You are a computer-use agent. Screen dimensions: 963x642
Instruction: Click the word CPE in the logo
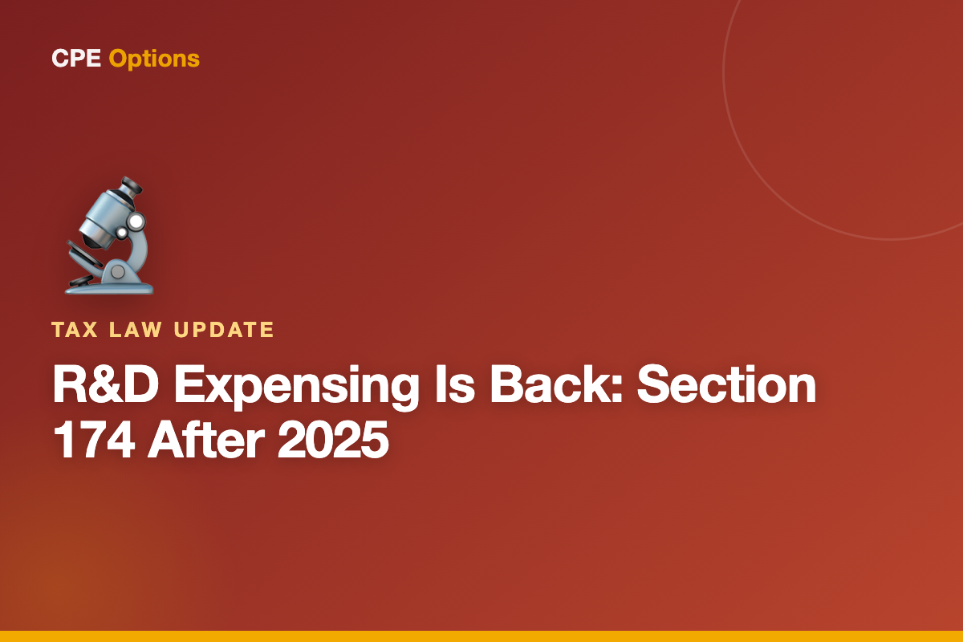pos(76,58)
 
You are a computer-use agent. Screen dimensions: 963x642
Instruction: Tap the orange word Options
pos(154,59)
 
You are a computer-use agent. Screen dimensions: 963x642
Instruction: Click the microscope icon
pos(109,236)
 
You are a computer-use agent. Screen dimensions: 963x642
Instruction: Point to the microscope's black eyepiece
pos(132,186)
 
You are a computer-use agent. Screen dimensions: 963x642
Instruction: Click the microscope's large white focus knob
pos(136,221)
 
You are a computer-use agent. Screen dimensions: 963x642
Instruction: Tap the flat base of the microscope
pos(109,288)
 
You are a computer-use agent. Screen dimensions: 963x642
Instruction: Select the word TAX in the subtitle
pos(75,330)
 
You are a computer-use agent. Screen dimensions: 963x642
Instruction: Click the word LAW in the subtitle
pos(136,330)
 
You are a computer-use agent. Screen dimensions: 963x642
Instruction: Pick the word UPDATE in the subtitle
pos(224,330)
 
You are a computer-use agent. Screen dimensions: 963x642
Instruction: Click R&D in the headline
pos(106,384)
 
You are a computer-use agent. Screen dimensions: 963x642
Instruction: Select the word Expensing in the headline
pos(296,387)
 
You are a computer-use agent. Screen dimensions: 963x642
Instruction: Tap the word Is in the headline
pos(455,384)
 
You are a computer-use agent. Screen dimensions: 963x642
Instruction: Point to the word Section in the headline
pos(726,384)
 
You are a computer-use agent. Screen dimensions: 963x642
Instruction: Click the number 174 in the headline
pos(94,440)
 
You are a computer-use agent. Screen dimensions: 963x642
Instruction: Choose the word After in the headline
pos(206,439)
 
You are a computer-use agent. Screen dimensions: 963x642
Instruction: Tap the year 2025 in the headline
pos(333,440)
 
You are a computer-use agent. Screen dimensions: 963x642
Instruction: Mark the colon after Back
pos(616,388)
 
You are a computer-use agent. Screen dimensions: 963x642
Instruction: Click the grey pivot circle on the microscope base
pos(118,272)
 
